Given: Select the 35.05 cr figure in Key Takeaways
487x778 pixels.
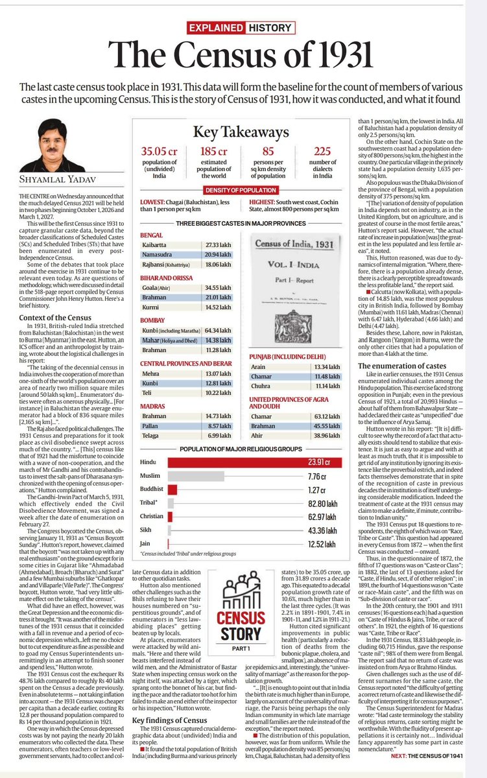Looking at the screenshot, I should [160, 152].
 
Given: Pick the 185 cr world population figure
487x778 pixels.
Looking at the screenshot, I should [215, 152].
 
